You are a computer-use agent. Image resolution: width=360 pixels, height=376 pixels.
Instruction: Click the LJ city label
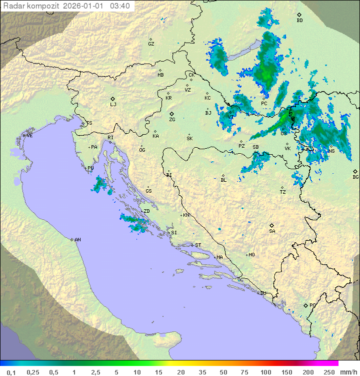point(113,105)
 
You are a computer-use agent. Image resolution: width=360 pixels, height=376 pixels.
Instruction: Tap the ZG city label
point(172,120)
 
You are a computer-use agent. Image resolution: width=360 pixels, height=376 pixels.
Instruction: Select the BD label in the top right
point(299,21)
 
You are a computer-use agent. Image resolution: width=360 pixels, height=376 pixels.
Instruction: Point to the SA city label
point(272,231)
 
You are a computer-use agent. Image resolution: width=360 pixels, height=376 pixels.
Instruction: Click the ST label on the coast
point(198,245)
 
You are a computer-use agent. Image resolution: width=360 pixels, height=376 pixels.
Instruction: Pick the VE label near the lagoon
point(29,136)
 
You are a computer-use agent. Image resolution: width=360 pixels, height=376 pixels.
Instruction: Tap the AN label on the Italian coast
point(77,240)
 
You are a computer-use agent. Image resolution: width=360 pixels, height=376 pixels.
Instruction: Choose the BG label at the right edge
point(355,177)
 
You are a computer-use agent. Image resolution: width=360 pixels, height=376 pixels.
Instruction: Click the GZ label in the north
point(151,44)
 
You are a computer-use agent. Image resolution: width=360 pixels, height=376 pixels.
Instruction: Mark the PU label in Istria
point(90,168)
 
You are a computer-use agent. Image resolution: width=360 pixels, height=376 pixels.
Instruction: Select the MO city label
point(251,255)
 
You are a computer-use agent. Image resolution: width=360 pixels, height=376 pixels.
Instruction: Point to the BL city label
point(223,180)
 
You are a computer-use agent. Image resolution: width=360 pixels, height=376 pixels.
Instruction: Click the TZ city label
point(283,192)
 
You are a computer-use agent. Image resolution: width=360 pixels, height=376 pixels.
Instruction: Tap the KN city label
point(186,215)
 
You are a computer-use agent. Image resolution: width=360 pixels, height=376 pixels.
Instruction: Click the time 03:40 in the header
point(120,6)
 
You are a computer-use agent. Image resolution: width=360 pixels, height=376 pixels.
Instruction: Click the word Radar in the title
point(13,6)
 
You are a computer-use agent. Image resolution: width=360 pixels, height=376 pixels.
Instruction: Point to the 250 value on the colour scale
point(329,372)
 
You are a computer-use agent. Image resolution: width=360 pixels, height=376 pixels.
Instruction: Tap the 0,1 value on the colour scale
point(11,372)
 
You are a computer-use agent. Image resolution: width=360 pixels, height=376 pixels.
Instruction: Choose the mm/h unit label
point(348,372)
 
